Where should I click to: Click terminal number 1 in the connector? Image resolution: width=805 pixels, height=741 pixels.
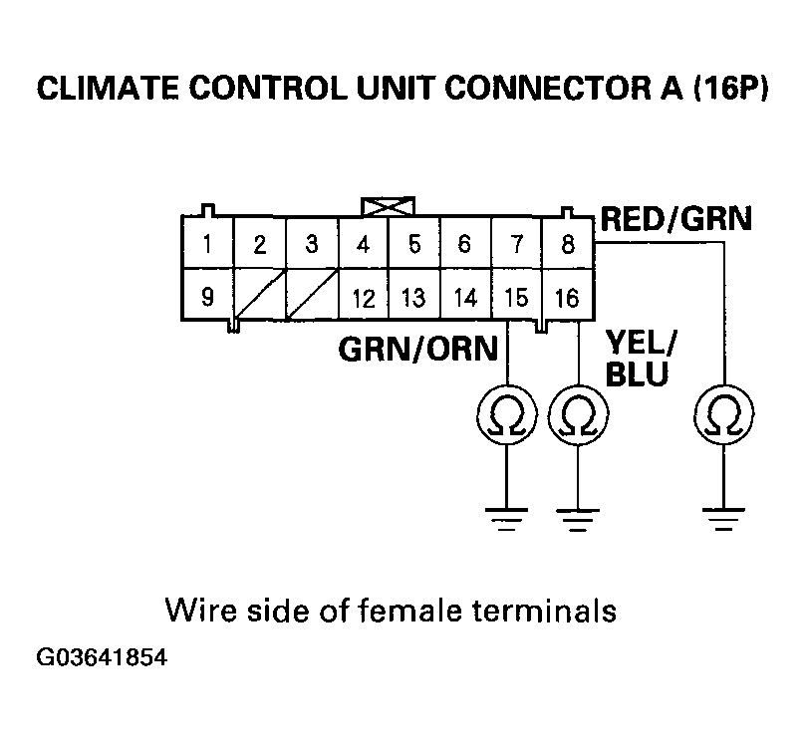(206, 243)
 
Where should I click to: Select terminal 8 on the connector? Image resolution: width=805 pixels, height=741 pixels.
(568, 243)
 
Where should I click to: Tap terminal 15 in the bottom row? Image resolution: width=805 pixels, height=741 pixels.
(516, 296)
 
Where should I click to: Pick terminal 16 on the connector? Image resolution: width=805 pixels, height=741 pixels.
(568, 296)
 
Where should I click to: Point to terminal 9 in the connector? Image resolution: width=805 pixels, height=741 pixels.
(206, 296)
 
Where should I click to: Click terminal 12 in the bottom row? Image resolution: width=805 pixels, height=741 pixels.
(362, 296)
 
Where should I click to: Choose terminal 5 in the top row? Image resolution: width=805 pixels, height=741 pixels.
(413, 243)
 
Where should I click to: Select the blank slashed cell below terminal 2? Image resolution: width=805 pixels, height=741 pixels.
(258, 296)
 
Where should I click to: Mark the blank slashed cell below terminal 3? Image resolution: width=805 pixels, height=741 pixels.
(310, 296)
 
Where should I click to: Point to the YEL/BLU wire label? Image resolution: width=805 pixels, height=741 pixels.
(640, 359)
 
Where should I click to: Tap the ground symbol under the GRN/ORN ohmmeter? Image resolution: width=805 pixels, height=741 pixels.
(508, 519)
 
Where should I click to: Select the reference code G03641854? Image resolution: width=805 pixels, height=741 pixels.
(102, 658)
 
